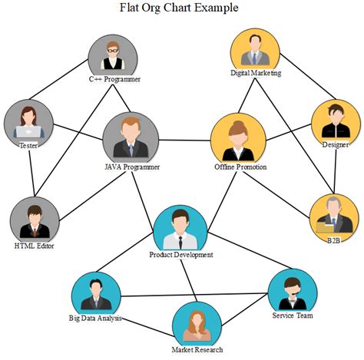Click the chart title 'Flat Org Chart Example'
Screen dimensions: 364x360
click(x=179, y=8)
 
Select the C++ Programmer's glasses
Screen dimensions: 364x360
click(x=113, y=51)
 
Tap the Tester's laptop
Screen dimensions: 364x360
click(x=28, y=132)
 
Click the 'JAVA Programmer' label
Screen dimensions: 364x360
click(x=132, y=167)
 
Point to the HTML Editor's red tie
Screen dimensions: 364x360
click(x=35, y=233)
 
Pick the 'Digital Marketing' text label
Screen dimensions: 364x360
click(x=256, y=73)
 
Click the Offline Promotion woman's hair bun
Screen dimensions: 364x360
click(x=238, y=124)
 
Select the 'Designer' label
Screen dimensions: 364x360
click(x=335, y=145)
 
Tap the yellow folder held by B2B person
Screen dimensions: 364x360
click(x=325, y=227)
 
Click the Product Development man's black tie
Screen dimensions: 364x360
click(x=180, y=243)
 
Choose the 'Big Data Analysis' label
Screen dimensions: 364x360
click(x=95, y=319)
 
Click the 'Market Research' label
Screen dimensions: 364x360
click(x=197, y=350)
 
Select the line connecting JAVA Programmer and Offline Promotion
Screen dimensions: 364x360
click(x=184, y=140)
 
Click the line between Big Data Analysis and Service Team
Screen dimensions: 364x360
click(x=194, y=295)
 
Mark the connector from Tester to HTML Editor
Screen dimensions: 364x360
click(x=31, y=173)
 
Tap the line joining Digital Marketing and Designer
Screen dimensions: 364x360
click(x=307, y=76)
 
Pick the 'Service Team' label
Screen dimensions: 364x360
click(x=293, y=315)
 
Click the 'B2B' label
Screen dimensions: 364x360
click(x=334, y=241)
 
